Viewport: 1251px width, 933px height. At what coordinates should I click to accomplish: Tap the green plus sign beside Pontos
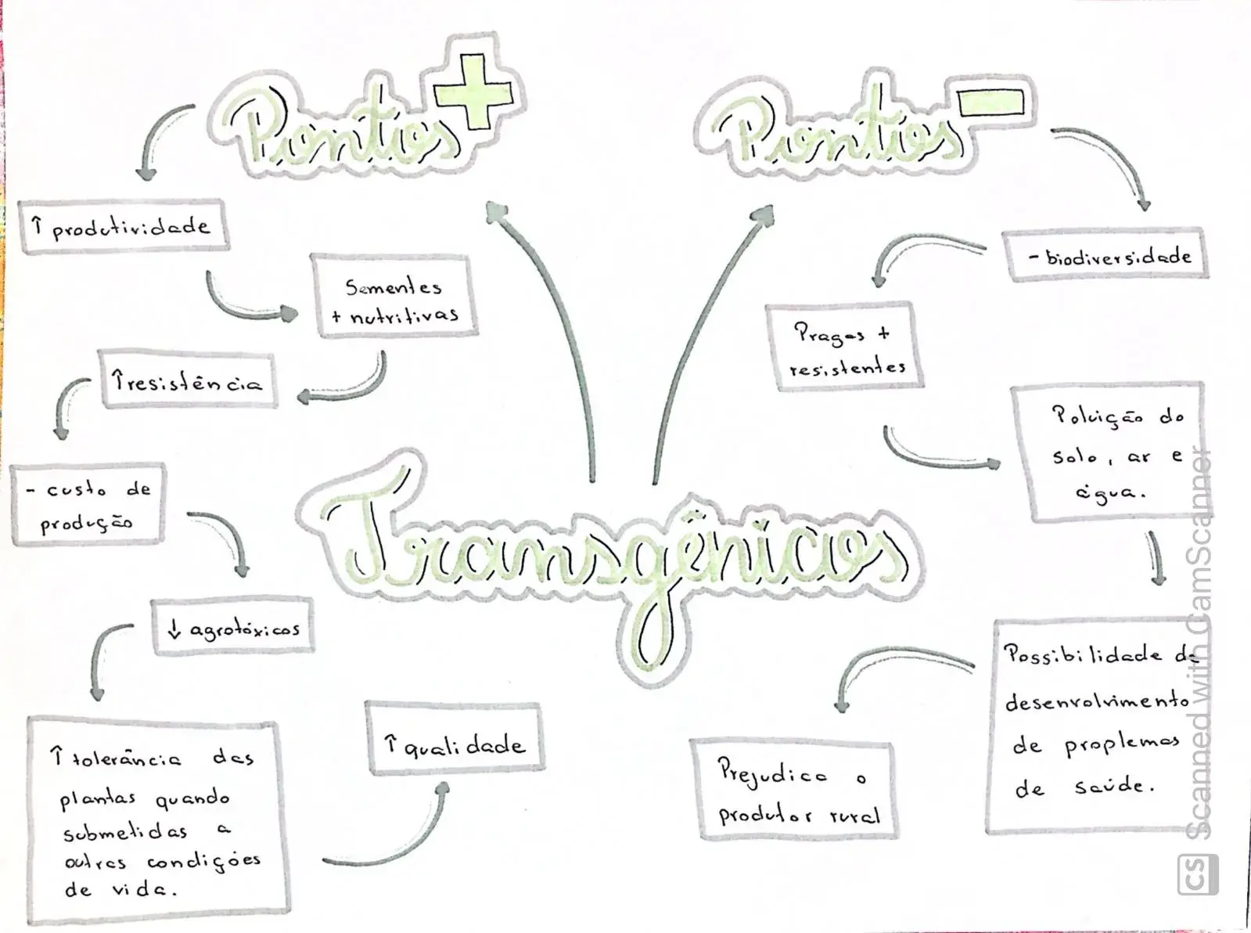pos(474,92)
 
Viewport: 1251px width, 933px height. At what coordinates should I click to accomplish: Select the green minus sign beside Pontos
pos(991,103)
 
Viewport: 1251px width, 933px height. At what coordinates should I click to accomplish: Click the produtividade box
pos(124,226)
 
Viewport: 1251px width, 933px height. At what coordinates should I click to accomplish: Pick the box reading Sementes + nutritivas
pos(394,297)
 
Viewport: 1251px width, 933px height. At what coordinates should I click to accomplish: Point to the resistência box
pos(188,380)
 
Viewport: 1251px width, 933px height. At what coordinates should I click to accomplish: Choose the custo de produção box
pos(88,505)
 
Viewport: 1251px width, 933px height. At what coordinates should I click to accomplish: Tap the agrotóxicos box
pos(232,628)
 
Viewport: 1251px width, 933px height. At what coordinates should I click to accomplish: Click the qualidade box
pos(455,740)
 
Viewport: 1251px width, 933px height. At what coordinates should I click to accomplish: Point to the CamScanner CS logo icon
pos(1198,875)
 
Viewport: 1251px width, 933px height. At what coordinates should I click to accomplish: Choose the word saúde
pos(1114,787)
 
